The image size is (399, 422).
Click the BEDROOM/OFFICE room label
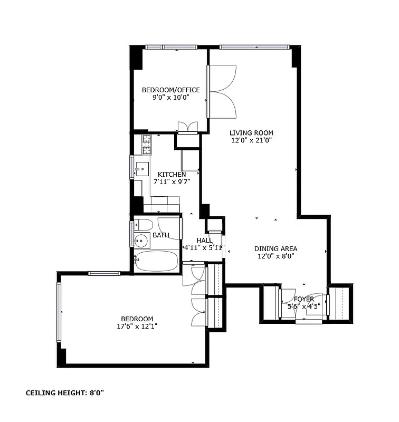click(170, 90)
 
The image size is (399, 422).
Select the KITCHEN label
click(172, 175)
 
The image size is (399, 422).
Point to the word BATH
click(161, 235)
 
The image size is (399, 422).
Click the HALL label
click(204, 240)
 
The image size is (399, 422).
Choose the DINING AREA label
click(275, 249)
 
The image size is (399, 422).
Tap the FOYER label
click(303, 299)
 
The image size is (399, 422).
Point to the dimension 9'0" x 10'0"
click(170, 98)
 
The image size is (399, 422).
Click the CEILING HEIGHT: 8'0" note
click(69, 393)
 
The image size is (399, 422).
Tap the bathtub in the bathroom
click(157, 261)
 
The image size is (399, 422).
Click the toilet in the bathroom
click(143, 225)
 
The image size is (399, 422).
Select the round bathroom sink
click(140, 242)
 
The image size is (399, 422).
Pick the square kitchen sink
click(142, 169)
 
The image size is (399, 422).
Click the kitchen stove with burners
click(147, 144)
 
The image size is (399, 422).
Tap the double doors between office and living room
click(222, 92)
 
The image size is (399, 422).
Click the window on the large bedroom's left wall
click(59, 312)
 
